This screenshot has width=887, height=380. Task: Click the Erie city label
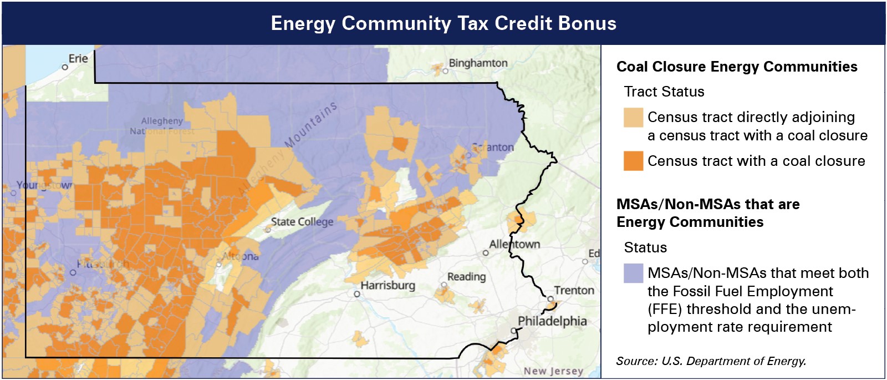click(x=78, y=58)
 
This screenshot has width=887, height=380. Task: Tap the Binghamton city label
click(x=478, y=63)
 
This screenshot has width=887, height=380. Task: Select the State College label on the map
click(x=302, y=222)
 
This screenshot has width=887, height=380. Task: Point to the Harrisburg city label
click(x=388, y=285)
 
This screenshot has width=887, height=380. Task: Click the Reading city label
click(x=466, y=276)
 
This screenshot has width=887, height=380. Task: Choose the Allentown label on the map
click(x=514, y=244)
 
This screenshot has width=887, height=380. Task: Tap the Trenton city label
click(x=574, y=290)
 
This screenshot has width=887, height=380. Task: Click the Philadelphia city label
click(x=552, y=321)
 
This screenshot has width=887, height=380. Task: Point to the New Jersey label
click(x=553, y=371)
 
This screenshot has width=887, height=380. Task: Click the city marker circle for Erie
click(x=65, y=67)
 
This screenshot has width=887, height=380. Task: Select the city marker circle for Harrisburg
click(x=357, y=294)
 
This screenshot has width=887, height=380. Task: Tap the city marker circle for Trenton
click(x=550, y=298)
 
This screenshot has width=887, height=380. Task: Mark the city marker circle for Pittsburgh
click(x=73, y=272)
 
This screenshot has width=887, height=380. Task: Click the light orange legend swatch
click(x=633, y=117)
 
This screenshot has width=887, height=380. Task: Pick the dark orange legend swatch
click(x=633, y=161)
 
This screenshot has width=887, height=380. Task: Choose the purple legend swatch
click(x=633, y=273)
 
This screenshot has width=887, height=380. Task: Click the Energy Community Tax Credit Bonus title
click(x=443, y=23)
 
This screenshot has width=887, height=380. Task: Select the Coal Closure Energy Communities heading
click(x=737, y=67)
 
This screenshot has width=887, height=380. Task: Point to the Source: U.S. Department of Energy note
click(x=711, y=361)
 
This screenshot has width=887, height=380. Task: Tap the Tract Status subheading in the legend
click(x=664, y=92)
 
